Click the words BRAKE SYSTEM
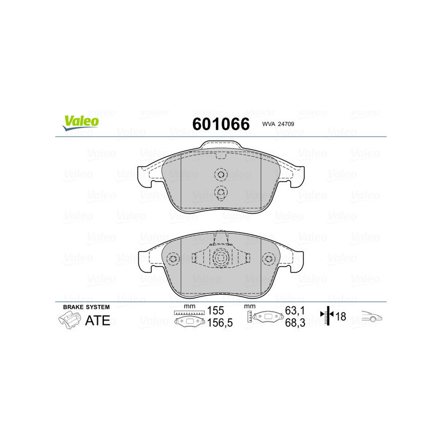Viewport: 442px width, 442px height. click(x=86, y=307)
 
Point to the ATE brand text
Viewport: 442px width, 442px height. click(x=97, y=320)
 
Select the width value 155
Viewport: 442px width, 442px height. click(x=216, y=312)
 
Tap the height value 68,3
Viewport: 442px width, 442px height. click(x=293, y=324)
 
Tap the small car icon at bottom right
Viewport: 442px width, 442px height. click(x=372, y=317)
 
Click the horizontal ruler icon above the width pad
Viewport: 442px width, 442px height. click(x=188, y=313)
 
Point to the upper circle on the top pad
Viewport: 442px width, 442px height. click(x=221, y=175)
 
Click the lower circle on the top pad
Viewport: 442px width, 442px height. click(x=221, y=192)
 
